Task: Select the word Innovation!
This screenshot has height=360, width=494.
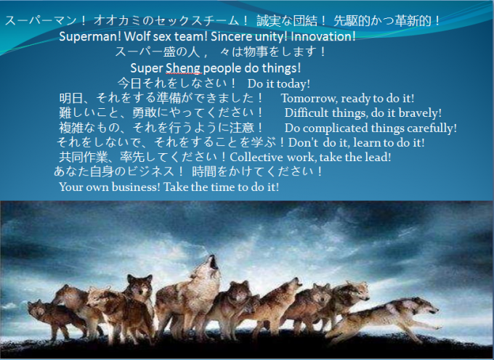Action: tap(323, 36)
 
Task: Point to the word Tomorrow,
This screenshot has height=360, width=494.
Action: tap(309, 99)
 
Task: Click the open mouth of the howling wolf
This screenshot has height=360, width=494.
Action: tap(214, 262)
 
